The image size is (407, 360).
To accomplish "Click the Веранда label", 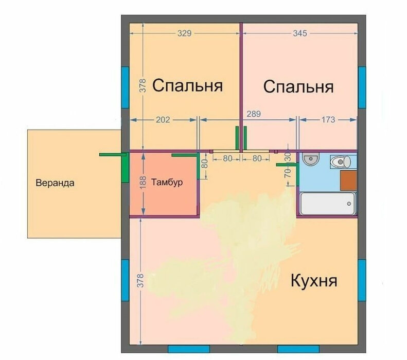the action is (55, 183).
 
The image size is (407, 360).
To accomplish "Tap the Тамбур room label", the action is (167, 182).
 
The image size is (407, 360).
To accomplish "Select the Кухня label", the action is (314, 280).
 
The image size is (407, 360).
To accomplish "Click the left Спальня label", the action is (187, 85).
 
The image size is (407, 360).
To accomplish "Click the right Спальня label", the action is (298, 86).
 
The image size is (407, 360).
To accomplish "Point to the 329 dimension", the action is (184, 33).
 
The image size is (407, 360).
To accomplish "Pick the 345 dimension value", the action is (300, 33).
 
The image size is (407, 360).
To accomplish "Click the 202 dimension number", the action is (163, 119).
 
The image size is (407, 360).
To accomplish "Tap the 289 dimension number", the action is (254, 114).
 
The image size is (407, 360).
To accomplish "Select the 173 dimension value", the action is (328, 119).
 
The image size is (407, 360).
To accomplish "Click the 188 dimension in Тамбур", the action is (143, 183).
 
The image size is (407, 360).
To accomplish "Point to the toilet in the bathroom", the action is (341, 162).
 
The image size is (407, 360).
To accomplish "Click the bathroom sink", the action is (311, 159).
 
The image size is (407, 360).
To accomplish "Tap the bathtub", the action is (328, 204).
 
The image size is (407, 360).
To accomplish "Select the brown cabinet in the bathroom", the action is (348, 181).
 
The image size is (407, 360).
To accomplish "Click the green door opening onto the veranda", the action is (126, 167).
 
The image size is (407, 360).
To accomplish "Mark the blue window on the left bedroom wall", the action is (126, 87).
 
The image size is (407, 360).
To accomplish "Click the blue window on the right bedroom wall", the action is (362, 87).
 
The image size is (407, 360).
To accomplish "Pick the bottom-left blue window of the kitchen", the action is (189, 349).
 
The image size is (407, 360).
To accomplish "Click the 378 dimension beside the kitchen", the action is (140, 280).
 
